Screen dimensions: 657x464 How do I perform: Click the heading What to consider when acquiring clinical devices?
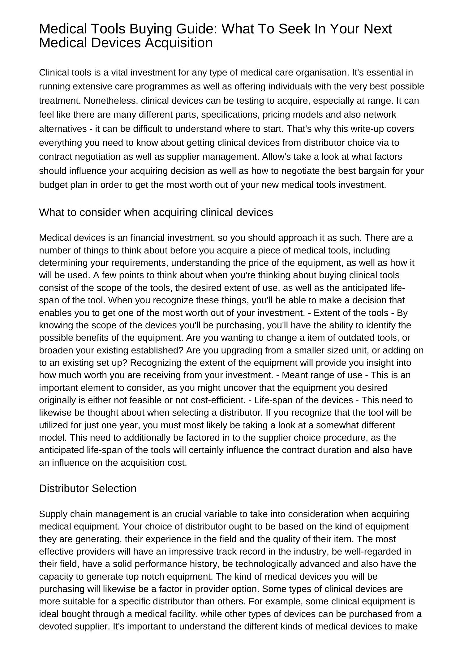tap(156, 213)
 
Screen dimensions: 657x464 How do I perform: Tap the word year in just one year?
tap(131, 425)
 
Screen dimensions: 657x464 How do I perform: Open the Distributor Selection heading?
tap(88, 488)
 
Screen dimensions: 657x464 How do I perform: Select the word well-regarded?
tap(373, 551)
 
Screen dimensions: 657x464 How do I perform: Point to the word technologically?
tap(266, 564)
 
